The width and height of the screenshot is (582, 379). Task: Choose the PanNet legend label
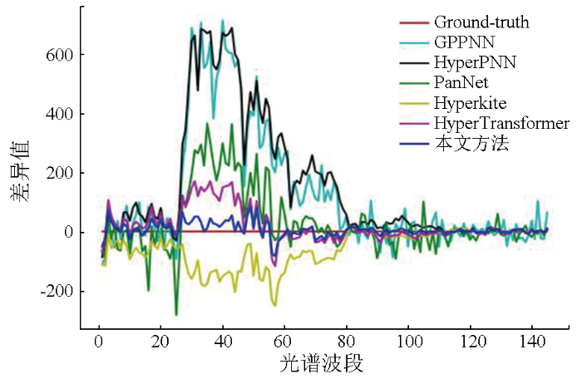(x=462, y=83)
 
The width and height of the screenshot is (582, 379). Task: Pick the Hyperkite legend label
(x=468, y=103)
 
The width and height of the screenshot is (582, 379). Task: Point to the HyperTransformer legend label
(x=501, y=124)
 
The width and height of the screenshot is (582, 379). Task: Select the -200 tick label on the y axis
(x=56, y=292)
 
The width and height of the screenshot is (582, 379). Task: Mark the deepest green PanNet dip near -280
(x=176, y=314)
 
